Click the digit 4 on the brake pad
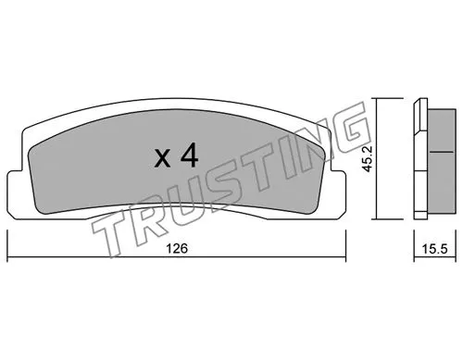[190, 155]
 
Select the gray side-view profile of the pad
[428, 157]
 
